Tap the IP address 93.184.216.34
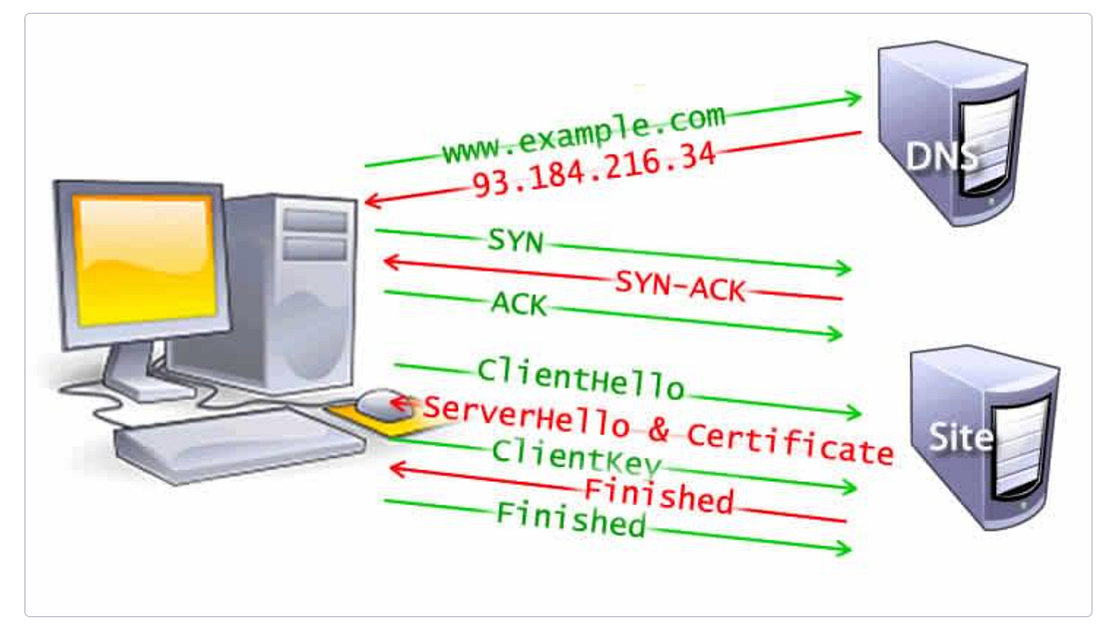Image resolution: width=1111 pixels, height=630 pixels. pos(593,169)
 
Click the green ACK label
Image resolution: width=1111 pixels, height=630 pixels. pos(518,303)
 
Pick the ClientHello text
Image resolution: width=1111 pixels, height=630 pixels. pos(580,378)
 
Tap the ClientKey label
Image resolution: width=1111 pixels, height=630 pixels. pos(577,456)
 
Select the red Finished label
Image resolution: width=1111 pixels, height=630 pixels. pos(658,495)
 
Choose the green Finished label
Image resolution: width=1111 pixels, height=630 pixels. pos(570,518)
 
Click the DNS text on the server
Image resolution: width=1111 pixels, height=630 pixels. pos(940,155)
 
